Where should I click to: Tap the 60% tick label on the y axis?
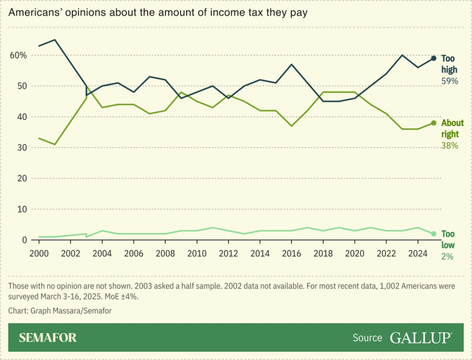pyautogui.click(x=18, y=55)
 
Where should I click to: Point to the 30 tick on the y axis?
pyautogui.click(x=21, y=148)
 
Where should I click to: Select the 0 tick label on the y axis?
pyautogui.click(x=24, y=240)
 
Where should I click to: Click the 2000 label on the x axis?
pyautogui.click(x=39, y=253)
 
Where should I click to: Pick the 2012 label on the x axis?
pyautogui.click(x=229, y=253)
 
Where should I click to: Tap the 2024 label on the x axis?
pyautogui.click(x=418, y=253)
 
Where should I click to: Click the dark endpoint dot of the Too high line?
pyautogui.click(x=433, y=58)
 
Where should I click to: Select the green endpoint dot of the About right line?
pyautogui.click(x=433, y=123)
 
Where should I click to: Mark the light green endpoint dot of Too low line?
pyautogui.click(x=433, y=234)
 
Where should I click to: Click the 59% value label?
pyautogui.click(x=450, y=81)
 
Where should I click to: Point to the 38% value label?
pyautogui.click(x=450, y=145)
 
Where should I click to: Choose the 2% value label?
pyautogui.click(x=447, y=256)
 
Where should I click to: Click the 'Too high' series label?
pyautogui.click(x=449, y=64)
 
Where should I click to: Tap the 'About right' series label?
pyautogui.click(x=453, y=128)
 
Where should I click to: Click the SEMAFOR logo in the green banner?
pyautogui.click(x=48, y=338)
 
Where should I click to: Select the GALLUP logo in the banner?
pyautogui.click(x=421, y=338)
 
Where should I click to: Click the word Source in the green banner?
pyautogui.click(x=367, y=338)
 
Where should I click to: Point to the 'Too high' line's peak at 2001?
pyautogui.click(x=55, y=40)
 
